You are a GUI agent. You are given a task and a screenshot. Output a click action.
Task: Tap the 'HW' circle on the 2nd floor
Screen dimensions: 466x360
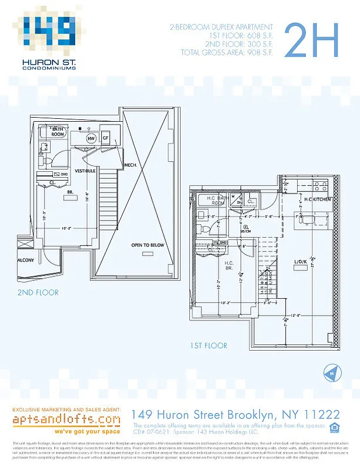91,139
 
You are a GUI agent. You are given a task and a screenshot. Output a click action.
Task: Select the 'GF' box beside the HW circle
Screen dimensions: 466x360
106,138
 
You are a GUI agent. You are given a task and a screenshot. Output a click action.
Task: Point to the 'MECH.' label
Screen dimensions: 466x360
130,165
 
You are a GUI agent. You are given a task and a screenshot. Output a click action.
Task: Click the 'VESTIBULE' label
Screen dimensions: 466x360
85,171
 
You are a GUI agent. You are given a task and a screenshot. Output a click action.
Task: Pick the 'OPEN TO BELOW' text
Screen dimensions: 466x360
147,245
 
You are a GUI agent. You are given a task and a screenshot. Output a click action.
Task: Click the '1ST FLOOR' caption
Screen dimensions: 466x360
208,345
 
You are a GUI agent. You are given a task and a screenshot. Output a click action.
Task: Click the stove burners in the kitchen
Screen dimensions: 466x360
320,186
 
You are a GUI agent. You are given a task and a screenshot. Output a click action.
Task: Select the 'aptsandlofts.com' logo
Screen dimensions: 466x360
67,419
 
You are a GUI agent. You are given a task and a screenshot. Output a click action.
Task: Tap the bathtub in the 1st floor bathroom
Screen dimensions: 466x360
208,202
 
